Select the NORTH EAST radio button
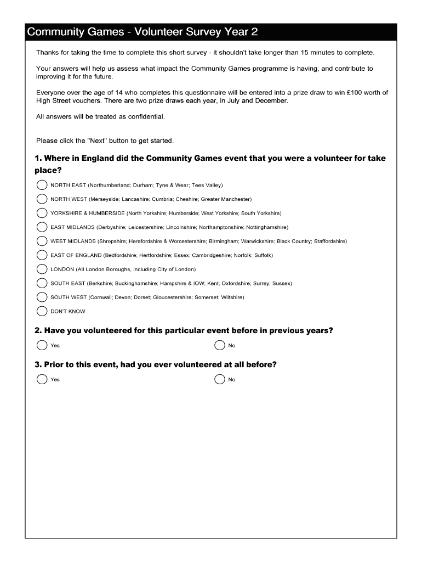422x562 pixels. [42, 185]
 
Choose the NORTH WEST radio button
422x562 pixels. [42, 199]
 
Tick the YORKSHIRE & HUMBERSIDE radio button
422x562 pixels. [42, 213]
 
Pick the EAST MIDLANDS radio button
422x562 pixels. [42, 227]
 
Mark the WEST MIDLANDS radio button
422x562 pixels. [42, 241]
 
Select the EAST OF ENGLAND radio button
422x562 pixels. [42, 255]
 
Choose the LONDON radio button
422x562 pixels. [42, 269]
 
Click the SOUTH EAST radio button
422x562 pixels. [42, 283]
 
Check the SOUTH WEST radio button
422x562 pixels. [42, 297]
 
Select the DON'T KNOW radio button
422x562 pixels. [42, 311]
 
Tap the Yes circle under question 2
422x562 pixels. [42, 345]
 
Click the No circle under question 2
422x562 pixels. [220, 345]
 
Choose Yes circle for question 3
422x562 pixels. [42, 379]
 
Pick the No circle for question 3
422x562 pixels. [220, 379]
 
